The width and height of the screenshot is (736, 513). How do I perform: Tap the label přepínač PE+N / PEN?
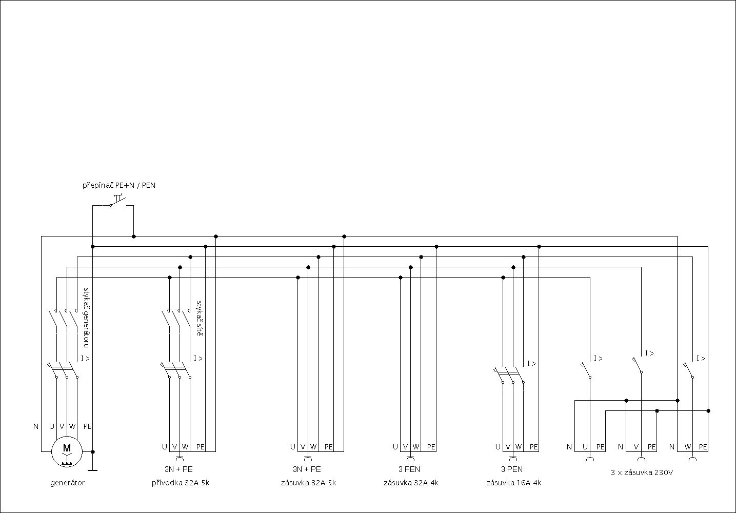[119, 185]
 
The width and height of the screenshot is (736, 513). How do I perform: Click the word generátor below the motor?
[67, 483]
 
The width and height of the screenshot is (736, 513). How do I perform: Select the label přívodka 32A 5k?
[180, 483]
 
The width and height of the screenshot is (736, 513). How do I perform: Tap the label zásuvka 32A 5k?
[308, 483]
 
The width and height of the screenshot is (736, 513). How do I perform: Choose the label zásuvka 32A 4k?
[411, 483]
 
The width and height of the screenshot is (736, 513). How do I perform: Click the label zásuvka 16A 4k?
[513, 483]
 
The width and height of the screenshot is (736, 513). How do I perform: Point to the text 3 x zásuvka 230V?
[642, 472]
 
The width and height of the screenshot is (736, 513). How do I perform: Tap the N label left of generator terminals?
[36, 426]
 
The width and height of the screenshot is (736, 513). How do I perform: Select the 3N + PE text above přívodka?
[178, 469]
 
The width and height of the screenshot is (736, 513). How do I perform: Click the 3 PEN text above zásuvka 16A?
[512, 469]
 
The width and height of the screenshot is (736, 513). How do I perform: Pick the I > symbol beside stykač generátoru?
[85, 358]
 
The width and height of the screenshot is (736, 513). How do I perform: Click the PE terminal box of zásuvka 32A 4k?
[431, 447]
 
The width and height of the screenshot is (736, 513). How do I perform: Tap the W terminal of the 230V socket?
[687, 447]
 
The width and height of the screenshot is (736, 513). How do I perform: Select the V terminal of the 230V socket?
[636, 447]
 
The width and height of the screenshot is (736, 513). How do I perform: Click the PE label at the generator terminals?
[88, 426]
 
